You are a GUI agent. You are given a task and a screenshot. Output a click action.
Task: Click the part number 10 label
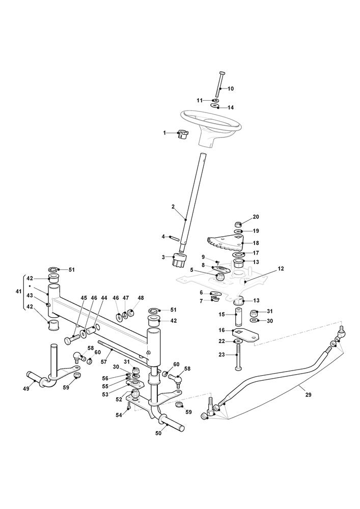pyautogui.click(x=231, y=89)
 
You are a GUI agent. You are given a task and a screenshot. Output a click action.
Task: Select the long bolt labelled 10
pyautogui.click(x=218, y=84)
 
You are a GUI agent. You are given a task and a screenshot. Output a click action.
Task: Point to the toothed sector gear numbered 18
pyautogui.click(x=227, y=245)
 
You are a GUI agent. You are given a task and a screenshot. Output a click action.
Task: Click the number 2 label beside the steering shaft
pyautogui.click(x=173, y=207)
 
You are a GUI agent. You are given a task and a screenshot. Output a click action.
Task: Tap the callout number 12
pyautogui.click(x=281, y=268)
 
